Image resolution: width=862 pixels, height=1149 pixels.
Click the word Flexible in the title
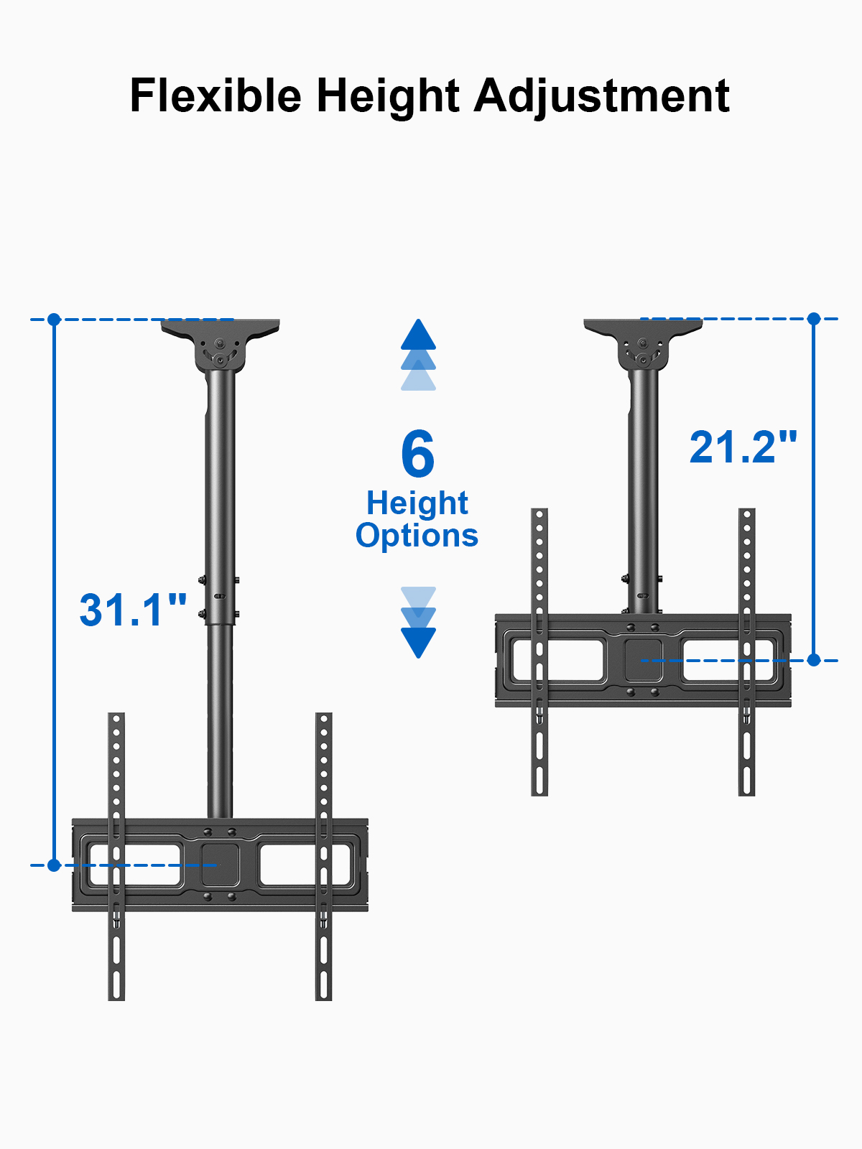pyautogui.click(x=215, y=96)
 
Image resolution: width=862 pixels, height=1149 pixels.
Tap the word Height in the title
pyautogui.click(x=388, y=96)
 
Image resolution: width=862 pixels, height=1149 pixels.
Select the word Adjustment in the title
pyautogui.click(x=602, y=96)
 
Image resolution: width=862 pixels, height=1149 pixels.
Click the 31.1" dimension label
pyautogui.click(x=133, y=610)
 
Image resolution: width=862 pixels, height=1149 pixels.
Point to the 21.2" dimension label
pyautogui.click(x=743, y=447)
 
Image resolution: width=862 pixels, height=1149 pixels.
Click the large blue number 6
pyautogui.click(x=418, y=454)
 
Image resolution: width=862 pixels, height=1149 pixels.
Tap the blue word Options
pyautogui.click(x=417, y=536)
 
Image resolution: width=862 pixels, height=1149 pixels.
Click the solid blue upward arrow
pyautogui.click(x=418, y=335)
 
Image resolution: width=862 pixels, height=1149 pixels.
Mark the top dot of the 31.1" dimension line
pyautogui.click(x=54, y=320)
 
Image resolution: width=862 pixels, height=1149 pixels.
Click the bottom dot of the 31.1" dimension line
pyautogui.click(x=54, y=865)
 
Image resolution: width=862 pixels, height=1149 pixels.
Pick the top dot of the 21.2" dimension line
pyautogui.click(x=814, y=318)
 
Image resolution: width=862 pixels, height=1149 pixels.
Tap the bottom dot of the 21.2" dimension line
pyautogui.click(x=814, y=659)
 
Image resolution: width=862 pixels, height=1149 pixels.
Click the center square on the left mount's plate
pyautogui.click(x=219, y=865)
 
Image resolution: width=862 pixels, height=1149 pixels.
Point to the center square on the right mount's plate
pyautogui.click(x=643, y=659)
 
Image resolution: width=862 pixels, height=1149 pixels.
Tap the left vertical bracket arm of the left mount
pyautogui.click(x=116, y=855)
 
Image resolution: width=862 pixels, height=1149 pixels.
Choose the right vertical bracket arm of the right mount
pyautogui.click(x=747, y=651)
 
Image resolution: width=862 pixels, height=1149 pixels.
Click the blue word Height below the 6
pyautogui.click(x=417, y=503)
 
